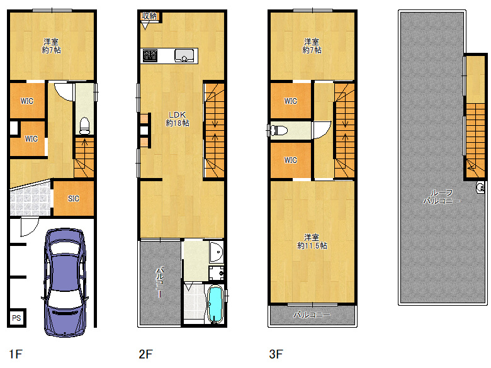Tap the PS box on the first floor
click(17, 318)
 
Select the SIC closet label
click(74, 198)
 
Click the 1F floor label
click(16, 354)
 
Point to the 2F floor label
click(145, 354)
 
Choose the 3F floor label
click(276, 354)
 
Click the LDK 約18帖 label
click(177, 119)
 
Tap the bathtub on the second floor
click(215, 305)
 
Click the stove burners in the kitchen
click(150, 56)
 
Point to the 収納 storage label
click(149, 16)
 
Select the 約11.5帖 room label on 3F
click(312, 242)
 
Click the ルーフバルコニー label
click(441, 197)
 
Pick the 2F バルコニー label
click(160, 283)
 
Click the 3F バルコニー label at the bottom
click(312, 315)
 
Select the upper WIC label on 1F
click(26, 101)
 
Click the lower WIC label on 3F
click(290, 160)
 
